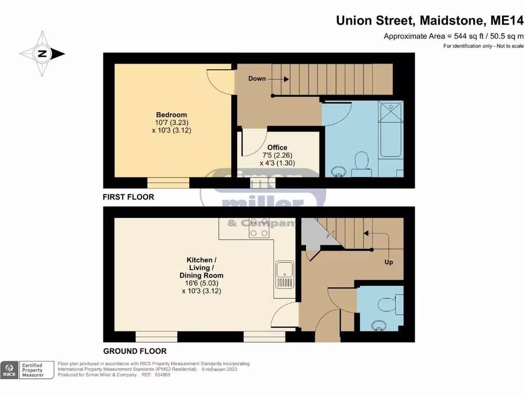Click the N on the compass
point(42,53)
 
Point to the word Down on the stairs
point(257,78)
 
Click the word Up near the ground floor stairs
point(389,262)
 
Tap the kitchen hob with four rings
point(259,228)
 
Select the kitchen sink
point(285,274)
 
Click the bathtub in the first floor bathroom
point(391,129)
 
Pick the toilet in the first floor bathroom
point(361,164)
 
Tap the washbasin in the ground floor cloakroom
point(379,326)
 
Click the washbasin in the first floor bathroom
point(338,172)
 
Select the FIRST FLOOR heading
point(128,197)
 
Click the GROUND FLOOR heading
point(135,351)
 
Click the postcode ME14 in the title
point(507,21)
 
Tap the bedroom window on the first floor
point(168,183)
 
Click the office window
point(263,183)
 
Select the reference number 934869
point(163,375)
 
